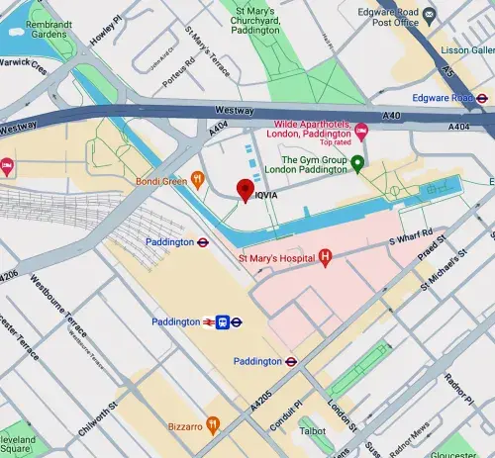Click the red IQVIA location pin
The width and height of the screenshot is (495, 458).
[x=245, y=190]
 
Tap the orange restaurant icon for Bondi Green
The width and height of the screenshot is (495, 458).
[x=198, y=179]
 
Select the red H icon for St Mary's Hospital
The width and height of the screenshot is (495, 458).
[x=325, y=258]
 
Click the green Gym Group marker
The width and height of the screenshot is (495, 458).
[x=358, y=163]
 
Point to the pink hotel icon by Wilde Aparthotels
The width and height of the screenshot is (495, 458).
[x=361, y=131]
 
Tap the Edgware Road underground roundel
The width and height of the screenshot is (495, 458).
[x=482, y=99]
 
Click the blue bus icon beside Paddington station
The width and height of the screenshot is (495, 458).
[x=225, y=321]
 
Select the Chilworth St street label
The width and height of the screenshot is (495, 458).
[x=99, y=415]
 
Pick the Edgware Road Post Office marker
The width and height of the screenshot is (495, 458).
[x=429, y=15]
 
